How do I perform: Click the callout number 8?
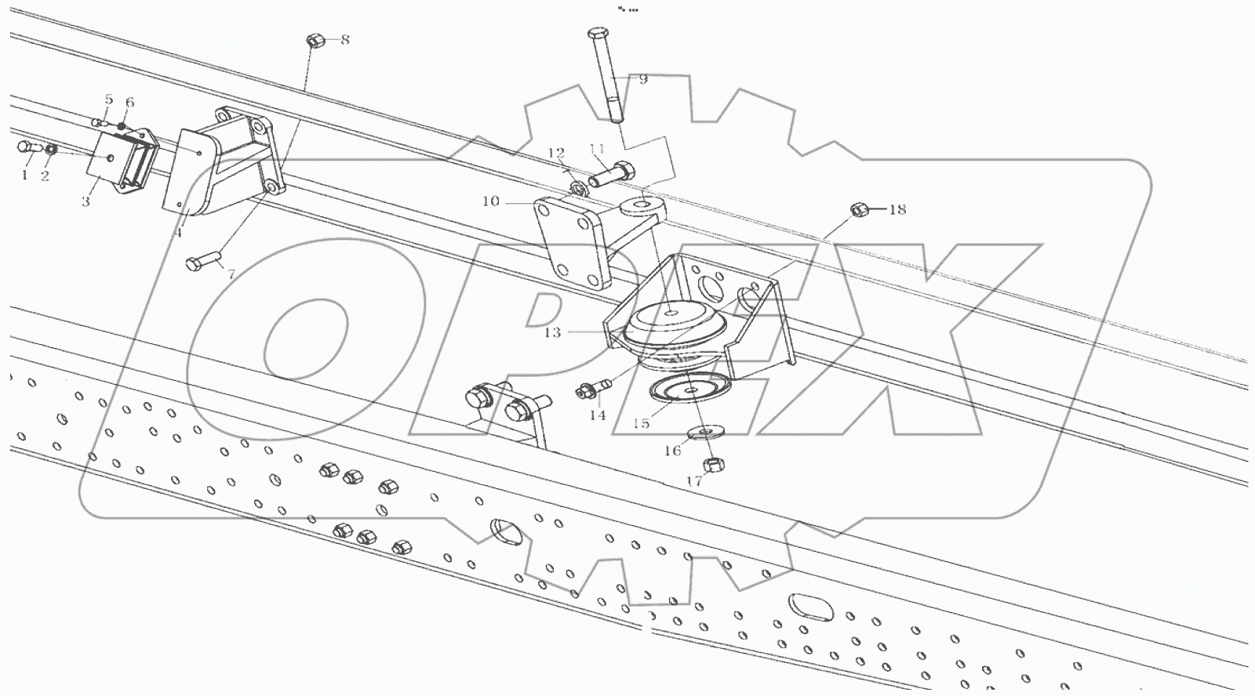(345, 40)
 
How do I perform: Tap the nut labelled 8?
(313, 40)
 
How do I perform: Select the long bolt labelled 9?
(604, 74)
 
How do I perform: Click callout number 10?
(490, 201)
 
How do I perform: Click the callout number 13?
(553, 332)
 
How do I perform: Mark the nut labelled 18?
(859, 209)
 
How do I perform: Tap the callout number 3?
(85, 201)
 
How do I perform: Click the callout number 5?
(108, 100)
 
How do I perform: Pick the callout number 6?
(129, 103)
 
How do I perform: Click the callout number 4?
(178, 233)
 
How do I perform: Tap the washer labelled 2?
(51, 150)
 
